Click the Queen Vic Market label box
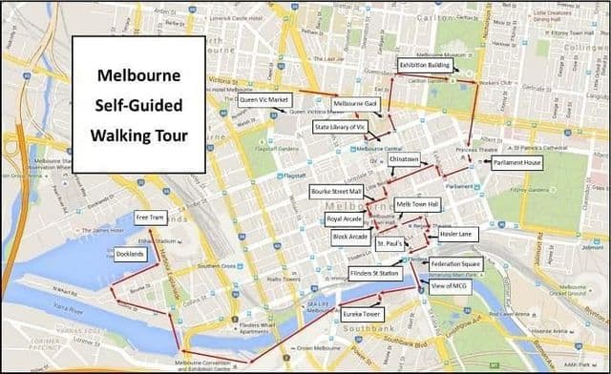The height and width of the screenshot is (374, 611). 264,98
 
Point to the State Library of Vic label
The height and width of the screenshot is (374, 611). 341,126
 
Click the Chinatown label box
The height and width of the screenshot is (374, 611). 411,159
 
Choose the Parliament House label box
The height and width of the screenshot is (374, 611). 518,163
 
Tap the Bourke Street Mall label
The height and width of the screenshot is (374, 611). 337,192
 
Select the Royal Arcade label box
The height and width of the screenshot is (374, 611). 344,219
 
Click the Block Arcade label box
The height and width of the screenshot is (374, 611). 349,236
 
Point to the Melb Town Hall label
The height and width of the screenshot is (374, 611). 417,204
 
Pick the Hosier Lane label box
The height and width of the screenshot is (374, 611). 456,234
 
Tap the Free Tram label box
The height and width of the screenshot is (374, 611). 152,216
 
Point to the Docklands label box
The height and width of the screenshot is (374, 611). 131,255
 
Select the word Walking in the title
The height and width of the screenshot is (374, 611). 117,135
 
